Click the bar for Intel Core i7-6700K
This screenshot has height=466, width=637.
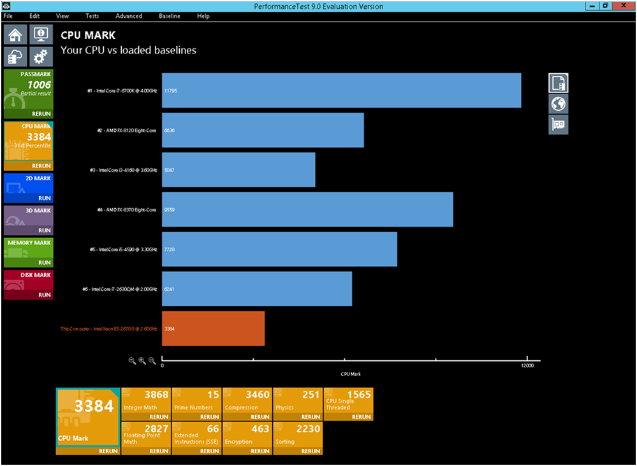[x=341, y=90]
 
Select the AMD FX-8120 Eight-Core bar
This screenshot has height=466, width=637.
[x=263, y=130]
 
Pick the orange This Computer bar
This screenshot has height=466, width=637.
[x=213, y=328]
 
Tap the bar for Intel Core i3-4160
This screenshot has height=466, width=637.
[x=238, y=170]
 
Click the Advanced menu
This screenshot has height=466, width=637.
[x=129, y=16]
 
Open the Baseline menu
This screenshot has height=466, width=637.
[x=170, y=16]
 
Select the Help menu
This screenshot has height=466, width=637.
[x=203, y=16]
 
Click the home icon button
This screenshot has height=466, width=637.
[x=15, y=35]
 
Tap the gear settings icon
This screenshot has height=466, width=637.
[x=41, y=57]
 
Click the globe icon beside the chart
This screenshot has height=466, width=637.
[x=559, y=104]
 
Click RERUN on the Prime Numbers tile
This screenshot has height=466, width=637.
[x=209, y=417]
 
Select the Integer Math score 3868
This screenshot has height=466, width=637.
[x=156, y=395]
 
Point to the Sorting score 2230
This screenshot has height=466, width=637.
[x=308, y=429]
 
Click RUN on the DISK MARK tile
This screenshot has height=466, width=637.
[x=44, y=295]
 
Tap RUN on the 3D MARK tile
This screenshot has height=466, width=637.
[x=44, y=230]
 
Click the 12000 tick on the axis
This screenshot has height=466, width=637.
[x=527, y=365]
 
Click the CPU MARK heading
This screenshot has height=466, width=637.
[x=88, y=36]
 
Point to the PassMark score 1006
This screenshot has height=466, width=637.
[x=39, y=85]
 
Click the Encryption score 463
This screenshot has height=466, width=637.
[x=260, y=429]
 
